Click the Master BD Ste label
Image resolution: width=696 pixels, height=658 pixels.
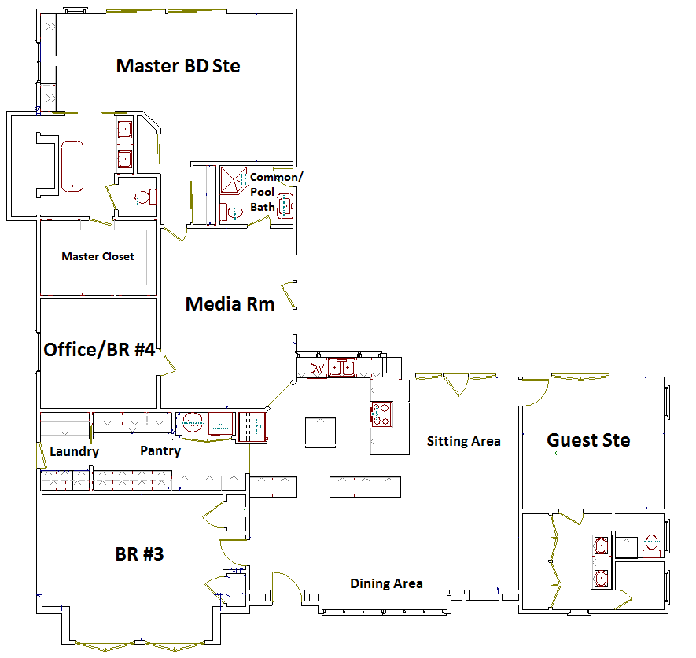click(178, 66)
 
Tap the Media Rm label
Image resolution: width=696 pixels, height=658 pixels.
click(230, 304)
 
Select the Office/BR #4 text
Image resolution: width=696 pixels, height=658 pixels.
click(99, 350)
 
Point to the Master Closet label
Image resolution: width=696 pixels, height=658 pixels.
click(98, 256)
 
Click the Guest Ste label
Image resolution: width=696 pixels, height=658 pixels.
click(588, 440)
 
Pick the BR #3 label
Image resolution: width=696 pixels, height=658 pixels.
click(139, 554)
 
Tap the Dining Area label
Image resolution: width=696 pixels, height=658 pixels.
click(386, 584)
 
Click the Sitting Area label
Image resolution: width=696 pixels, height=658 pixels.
click(463, 442)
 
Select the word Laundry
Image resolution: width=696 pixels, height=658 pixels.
click(74, 452)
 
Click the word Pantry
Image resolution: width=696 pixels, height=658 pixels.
click(160, 450)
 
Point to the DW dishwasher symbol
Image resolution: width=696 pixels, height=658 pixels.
click(316, 368)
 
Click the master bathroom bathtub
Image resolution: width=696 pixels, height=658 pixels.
click(72, 167)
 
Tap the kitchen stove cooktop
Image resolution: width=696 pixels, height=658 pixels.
click(381, 414)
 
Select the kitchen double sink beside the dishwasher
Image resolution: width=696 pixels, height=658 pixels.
click(341, 368)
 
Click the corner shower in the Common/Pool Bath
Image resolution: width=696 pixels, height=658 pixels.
click(234, 180)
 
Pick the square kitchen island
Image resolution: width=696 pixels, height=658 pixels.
click(320, 432)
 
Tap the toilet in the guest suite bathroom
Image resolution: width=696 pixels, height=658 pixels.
click(651, 546)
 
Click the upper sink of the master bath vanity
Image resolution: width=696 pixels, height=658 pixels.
click(125, 130)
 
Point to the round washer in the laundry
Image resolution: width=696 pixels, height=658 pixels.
click(193, 423)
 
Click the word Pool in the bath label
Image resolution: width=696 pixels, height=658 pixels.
click(263, 192)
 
